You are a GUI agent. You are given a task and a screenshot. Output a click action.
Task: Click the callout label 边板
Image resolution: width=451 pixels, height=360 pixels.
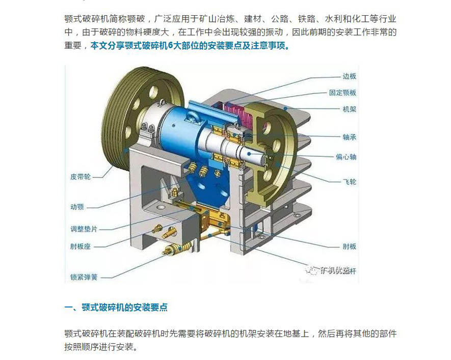[x=349, y=76]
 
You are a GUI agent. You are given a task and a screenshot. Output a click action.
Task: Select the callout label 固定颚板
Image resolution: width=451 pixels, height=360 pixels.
[x=342, y=93]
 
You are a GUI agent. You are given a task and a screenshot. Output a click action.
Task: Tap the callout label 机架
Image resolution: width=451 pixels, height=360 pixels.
[x=349, y=109]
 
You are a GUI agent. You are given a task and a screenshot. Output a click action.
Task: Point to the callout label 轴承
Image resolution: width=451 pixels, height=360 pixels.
[x=349, y=137]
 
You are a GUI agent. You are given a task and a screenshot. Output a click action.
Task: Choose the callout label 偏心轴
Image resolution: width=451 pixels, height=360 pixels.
[x=346, y=157]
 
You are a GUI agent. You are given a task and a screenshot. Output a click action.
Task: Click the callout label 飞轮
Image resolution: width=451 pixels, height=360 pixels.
[x=349, y=182]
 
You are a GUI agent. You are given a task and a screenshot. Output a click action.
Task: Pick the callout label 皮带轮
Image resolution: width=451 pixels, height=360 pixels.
[x=81, y=176]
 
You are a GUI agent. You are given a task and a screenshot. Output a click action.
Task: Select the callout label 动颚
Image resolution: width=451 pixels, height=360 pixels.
[x=77, y=207]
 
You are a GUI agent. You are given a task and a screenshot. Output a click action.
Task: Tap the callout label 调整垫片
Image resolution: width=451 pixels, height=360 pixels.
[x=84, y=229]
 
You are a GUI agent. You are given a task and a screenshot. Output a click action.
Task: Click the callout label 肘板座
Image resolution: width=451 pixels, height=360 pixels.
[x=81, y=246]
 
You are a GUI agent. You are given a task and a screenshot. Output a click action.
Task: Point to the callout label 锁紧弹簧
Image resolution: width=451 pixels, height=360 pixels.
[x=84, y=277]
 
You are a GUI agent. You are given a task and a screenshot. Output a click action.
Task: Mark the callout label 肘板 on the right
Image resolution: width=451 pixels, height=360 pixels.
[x=349, y=246]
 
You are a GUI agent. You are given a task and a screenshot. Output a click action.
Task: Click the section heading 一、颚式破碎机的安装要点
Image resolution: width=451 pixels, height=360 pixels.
[x=116, y=308]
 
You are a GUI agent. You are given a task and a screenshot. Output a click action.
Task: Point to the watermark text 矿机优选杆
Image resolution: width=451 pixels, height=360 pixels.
[x=338, y=270]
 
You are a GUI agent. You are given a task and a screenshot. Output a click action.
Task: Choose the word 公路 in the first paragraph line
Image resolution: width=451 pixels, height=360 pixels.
[x=280, y=19]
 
